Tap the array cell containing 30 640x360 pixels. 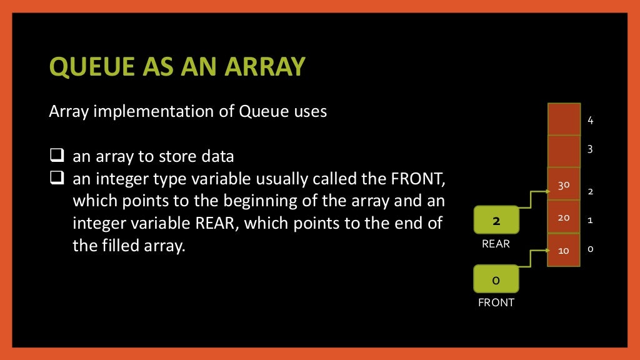pos(563,184)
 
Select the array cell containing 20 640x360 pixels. pos(563,217)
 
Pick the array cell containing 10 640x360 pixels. pos(563,251)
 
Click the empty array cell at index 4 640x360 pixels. pos(563,119)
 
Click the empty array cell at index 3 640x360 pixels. pos(563,151)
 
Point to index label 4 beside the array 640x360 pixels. pos(591,121)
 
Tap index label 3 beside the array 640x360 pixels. pos(591,149)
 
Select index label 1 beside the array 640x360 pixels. pos(591,220)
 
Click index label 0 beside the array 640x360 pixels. pos(591,249)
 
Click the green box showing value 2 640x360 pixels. pos(496,221)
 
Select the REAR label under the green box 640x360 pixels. pos(496,244)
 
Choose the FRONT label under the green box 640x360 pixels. pos(496,302)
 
